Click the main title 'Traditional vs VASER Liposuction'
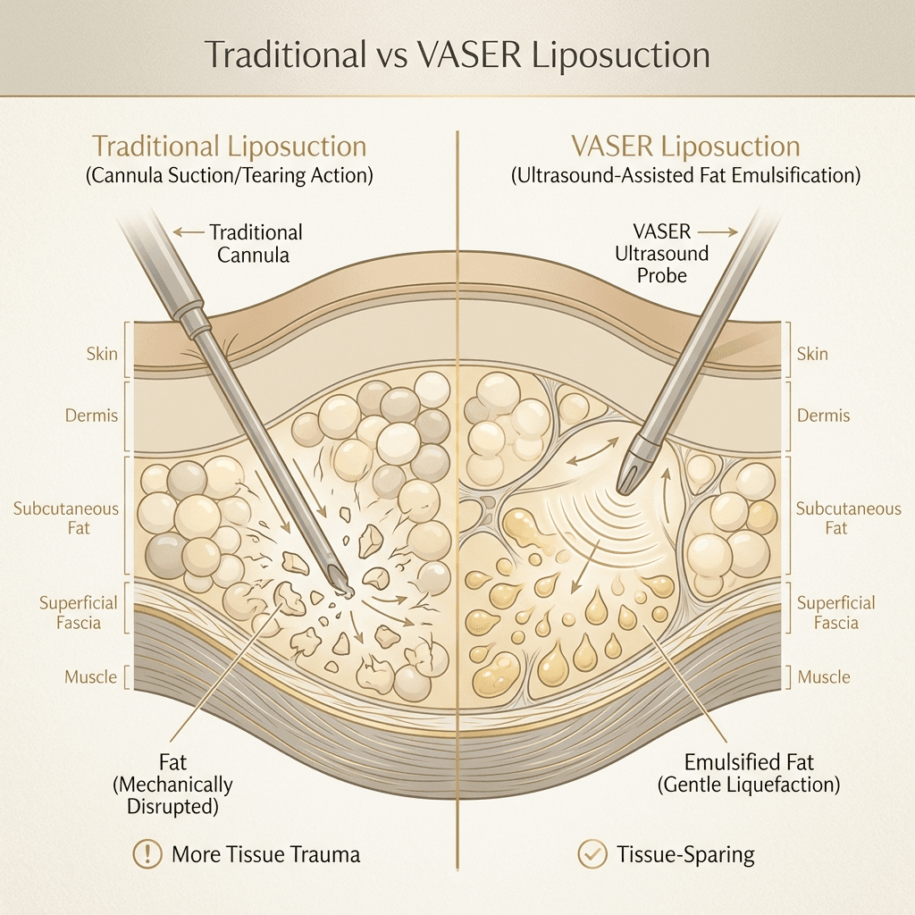(x=457, y=55)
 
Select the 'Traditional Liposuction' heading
(x=230, y=147)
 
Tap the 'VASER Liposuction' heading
(x=686, y=147)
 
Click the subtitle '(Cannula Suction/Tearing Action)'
(x=230, y=176)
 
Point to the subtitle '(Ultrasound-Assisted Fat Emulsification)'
(x=686, y=176)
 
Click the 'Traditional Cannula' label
(x=256, y=243)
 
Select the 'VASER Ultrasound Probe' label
(x=661, y=253)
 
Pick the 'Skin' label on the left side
(x=102, y=354)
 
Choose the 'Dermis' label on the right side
(x=823, y=416)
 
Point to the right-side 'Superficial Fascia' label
(x=835, y=612)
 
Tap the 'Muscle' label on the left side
(x=90, y=677)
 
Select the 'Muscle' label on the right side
(x=823, y=677)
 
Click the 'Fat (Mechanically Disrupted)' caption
(x=172, y=785)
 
